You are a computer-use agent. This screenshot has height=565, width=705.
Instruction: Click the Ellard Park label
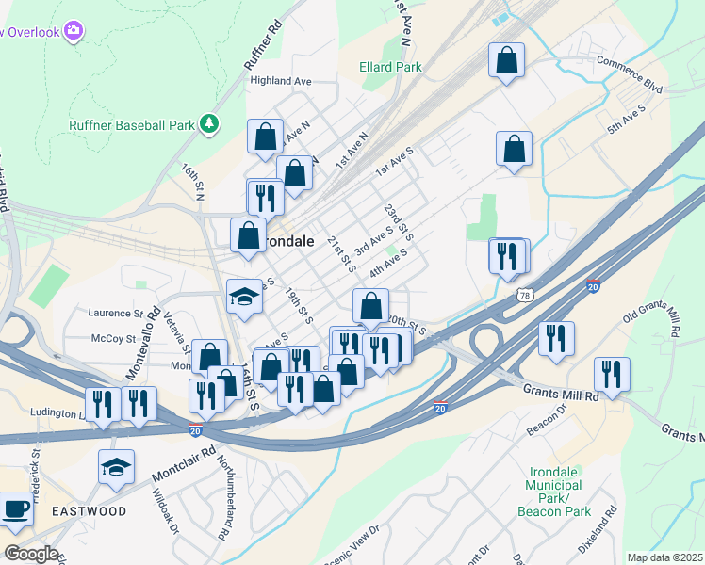coord(390,67)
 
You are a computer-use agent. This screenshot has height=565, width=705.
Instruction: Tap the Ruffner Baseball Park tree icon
coord(209,124)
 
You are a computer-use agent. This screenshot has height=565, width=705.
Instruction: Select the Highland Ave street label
coord(280,81)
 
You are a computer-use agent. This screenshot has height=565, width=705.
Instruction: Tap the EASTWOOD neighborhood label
coord(89,511)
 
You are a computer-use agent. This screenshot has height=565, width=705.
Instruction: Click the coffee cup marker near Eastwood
coord(14,508)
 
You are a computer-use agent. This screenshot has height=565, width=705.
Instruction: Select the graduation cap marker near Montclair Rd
coord(116,466)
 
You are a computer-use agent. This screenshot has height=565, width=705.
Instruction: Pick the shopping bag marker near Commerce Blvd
coord(507,60)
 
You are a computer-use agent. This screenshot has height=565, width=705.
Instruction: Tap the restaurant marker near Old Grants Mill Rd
coord(612,375)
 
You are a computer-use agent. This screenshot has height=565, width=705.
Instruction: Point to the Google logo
coord(30,553)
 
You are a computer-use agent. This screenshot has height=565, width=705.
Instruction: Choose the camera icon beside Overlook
coord(73,32)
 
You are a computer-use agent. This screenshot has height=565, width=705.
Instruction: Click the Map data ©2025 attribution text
coord(664,557)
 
